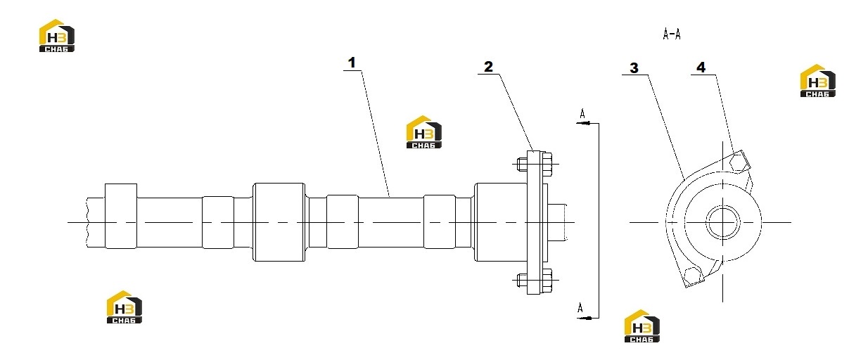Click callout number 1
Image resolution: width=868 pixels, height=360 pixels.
coord(352,63)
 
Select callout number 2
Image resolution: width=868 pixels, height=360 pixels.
coord(488,67)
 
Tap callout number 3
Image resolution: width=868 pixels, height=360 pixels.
coord(634,68)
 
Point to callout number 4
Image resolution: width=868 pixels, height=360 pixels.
coord(701,67)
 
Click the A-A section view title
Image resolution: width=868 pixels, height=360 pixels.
coord(672,34)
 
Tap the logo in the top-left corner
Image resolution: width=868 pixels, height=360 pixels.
coord(56,36)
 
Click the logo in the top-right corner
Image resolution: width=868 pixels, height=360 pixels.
coord(817,81)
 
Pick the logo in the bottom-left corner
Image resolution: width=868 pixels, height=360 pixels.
coord(124,307)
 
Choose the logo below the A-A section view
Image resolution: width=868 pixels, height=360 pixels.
coord(642,326)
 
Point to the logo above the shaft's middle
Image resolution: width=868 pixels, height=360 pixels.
coord(424,132)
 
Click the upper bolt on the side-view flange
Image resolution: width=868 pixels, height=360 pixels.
coord(535,165)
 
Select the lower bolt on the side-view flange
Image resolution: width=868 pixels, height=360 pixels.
coord(535,279)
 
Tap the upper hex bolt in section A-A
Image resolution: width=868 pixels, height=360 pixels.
coord(738,161)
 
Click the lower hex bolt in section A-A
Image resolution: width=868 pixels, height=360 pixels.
coord(693,276)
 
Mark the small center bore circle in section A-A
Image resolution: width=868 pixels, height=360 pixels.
coord(722,222)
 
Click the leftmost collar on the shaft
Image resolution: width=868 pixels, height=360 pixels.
coord(121,216)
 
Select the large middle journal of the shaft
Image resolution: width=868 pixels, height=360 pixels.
coord(279,222)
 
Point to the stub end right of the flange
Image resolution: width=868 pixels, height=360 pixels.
coord(557,222)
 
